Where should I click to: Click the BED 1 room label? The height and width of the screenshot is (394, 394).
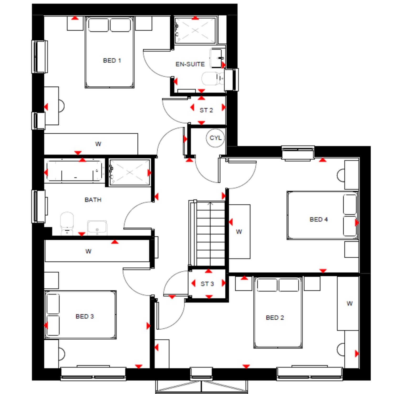[x=112, y=61]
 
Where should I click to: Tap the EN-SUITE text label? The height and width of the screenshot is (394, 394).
[x=190, y=64]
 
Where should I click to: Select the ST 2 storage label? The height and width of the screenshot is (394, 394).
[x=206, y=110]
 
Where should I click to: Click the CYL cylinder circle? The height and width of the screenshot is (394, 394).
[x=215, y=138]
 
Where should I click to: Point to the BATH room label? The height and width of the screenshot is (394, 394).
[x=93, y=200]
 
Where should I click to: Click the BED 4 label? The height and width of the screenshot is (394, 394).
[x=319, y=219]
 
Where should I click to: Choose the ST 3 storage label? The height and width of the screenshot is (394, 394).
[x=207, y=284]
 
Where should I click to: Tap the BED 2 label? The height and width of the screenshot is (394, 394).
[x=275, y=318]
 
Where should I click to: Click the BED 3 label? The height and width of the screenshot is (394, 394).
[x=85, y=317]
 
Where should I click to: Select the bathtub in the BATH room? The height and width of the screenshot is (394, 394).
[x=74, y=171]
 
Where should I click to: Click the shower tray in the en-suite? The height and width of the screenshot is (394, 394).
[x=195, y=30]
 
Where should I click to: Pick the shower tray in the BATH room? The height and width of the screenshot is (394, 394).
[x=129, y=172]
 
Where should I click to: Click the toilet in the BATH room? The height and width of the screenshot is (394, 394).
[x=67, y=224]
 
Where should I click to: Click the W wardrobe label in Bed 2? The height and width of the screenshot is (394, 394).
[x=349, y=304]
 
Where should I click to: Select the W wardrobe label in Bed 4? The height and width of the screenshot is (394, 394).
[x=239, y=232]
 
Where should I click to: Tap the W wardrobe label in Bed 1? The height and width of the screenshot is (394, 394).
[x=98, y=144]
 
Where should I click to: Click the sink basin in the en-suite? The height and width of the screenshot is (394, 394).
[x=217, y=58]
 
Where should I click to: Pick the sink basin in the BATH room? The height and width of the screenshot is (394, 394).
[x=97, y=227]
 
